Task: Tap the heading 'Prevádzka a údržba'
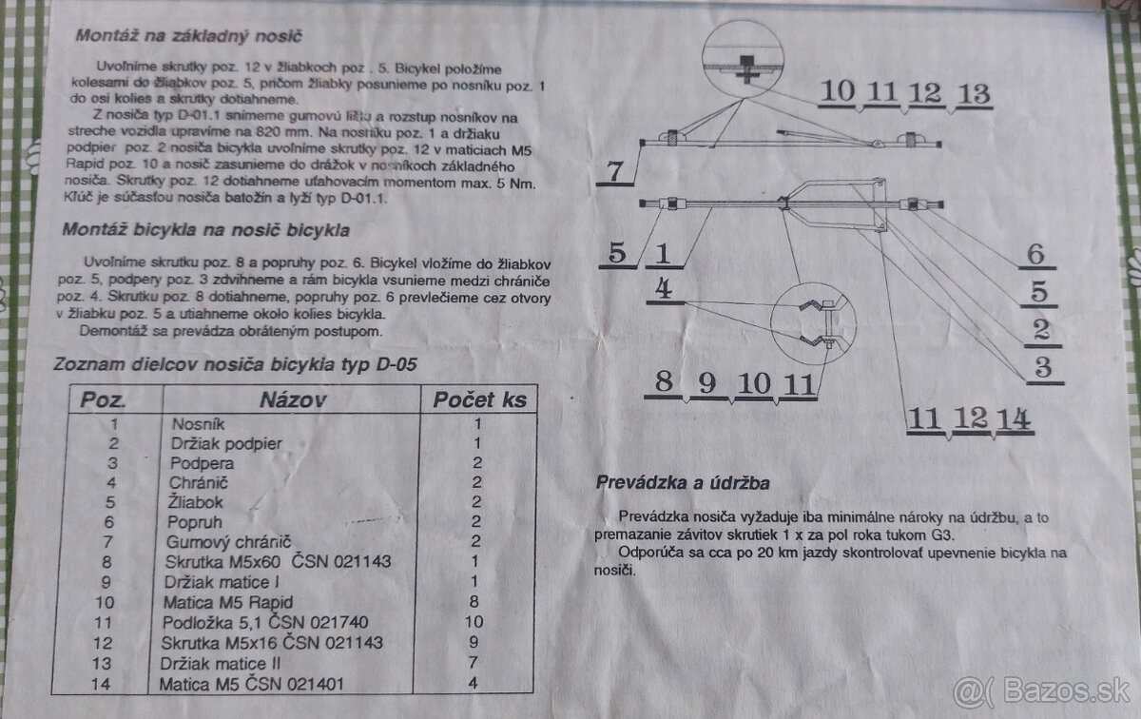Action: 682,482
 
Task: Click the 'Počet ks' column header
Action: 477,398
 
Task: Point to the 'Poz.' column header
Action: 103,400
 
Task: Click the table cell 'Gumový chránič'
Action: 229,541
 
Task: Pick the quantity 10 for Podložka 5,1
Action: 477,622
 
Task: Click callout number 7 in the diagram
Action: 613,172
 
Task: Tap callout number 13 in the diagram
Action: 975,94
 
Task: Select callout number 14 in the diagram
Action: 1015,418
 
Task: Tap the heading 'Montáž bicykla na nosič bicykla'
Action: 205,230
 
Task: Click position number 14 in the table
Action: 113,684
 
